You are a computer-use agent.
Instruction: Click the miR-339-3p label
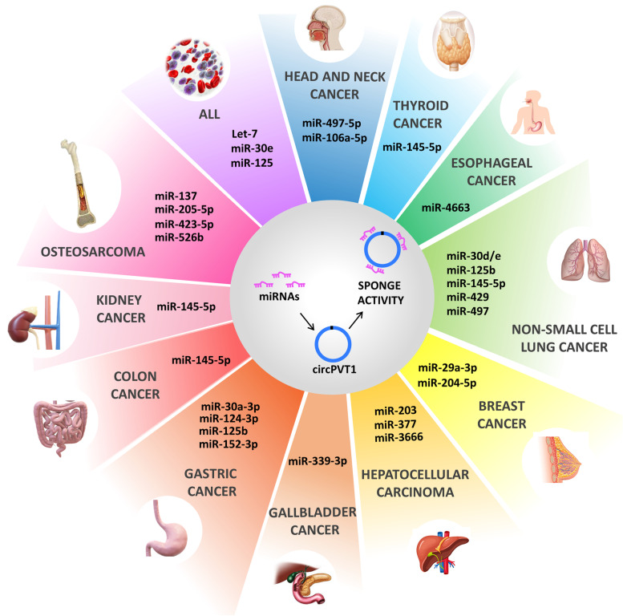coord(317,464)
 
